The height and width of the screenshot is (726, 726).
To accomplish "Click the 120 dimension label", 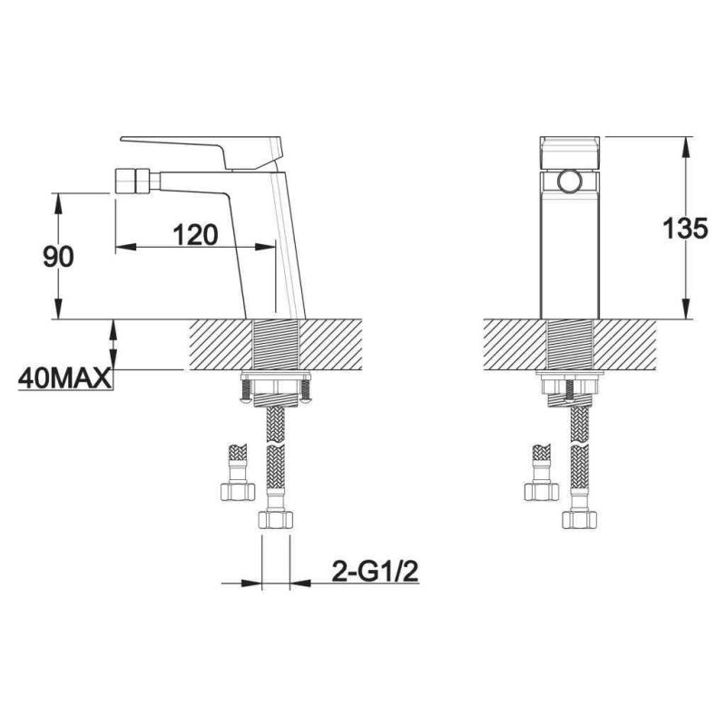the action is [195, 235].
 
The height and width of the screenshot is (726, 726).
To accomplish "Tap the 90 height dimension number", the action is [58, 257].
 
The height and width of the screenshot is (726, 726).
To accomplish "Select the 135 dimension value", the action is [685, 228].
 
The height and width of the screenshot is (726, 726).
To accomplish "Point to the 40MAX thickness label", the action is [64, 378].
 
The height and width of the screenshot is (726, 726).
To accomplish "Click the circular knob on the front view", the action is [570, 181].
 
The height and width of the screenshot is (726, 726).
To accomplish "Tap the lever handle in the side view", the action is [201, 152].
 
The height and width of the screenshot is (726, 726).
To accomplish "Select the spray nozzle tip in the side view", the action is [132, 181].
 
